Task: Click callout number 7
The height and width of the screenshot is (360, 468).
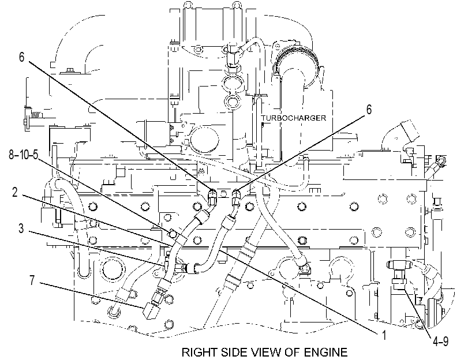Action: click(32, 280)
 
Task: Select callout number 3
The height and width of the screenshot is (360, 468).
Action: click(21, 228)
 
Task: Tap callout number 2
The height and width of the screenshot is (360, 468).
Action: click(15, 192)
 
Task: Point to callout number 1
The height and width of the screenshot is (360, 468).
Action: click(384, 335)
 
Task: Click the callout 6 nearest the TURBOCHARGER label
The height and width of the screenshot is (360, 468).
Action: click(369, 110)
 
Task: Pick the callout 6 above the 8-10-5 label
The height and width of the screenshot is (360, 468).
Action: click(21, 57)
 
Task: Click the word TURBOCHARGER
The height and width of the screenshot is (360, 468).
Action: click(294, 118)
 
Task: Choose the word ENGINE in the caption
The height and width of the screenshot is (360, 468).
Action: click(326, 352)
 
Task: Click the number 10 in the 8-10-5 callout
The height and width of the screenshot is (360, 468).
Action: click(24, 155)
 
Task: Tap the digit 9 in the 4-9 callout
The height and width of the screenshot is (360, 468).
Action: click(445, 341)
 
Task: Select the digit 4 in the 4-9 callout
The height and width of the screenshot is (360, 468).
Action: click(436, 341)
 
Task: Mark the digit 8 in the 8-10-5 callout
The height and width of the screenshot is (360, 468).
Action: click(12, 155)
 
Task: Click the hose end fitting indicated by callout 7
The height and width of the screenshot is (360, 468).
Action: click(150, 310)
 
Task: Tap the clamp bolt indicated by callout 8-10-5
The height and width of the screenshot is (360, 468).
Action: click(173, 234)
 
